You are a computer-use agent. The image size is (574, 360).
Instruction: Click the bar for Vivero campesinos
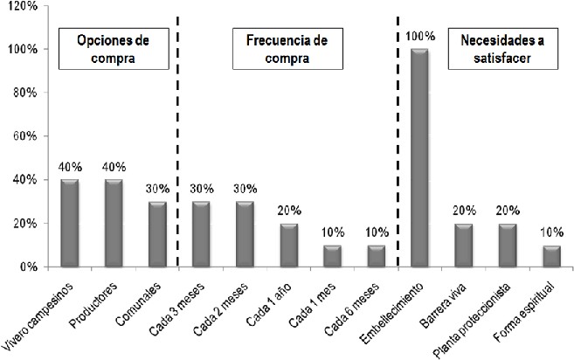pos(69,223)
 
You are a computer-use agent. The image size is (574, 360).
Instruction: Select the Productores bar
pos(113,223)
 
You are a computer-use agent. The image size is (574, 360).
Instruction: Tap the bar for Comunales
pos(156,233)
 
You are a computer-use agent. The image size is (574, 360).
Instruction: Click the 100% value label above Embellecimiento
pos(419,37)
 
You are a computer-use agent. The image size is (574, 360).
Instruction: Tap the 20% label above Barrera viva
pos(463,211)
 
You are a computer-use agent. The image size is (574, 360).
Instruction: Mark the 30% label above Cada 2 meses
pos(245,190)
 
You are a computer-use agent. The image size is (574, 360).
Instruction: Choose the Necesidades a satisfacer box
pos(495,49)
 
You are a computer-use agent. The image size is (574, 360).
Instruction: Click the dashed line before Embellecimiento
pos(398,140)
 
